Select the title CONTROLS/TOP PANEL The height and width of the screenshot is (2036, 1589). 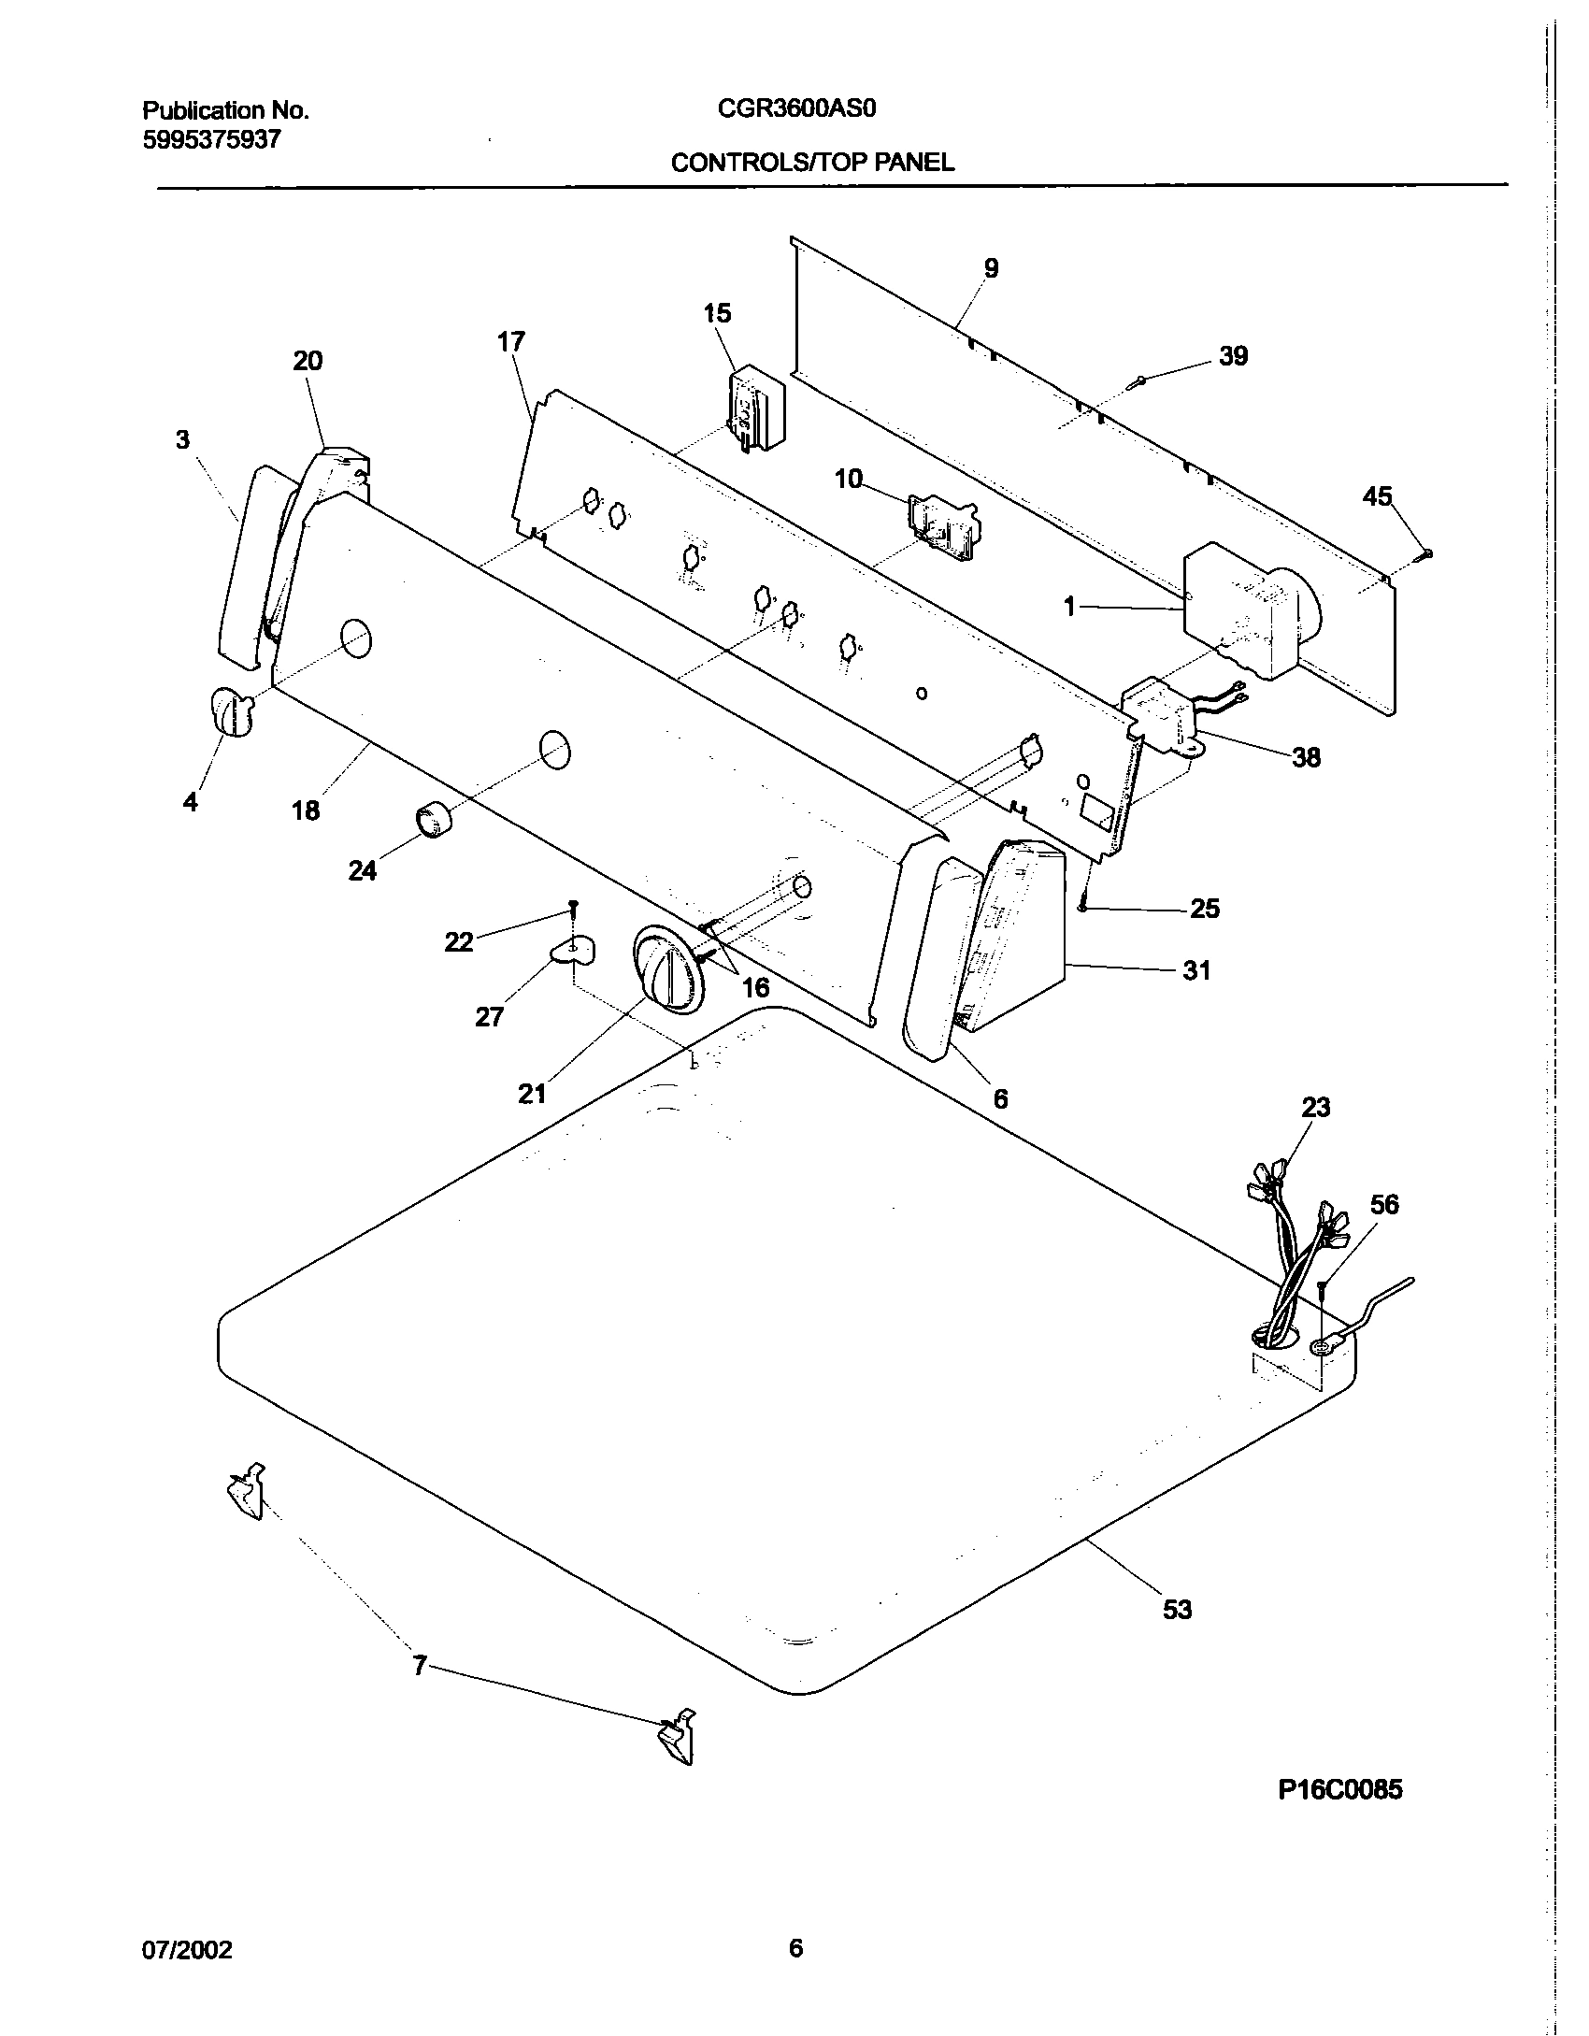[812, 163]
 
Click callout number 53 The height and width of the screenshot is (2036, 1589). [1177, 1609]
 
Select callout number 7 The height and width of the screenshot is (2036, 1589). [420, 1665]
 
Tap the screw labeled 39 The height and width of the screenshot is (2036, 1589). [1138, 380]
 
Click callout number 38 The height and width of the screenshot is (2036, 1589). [1306, 757]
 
